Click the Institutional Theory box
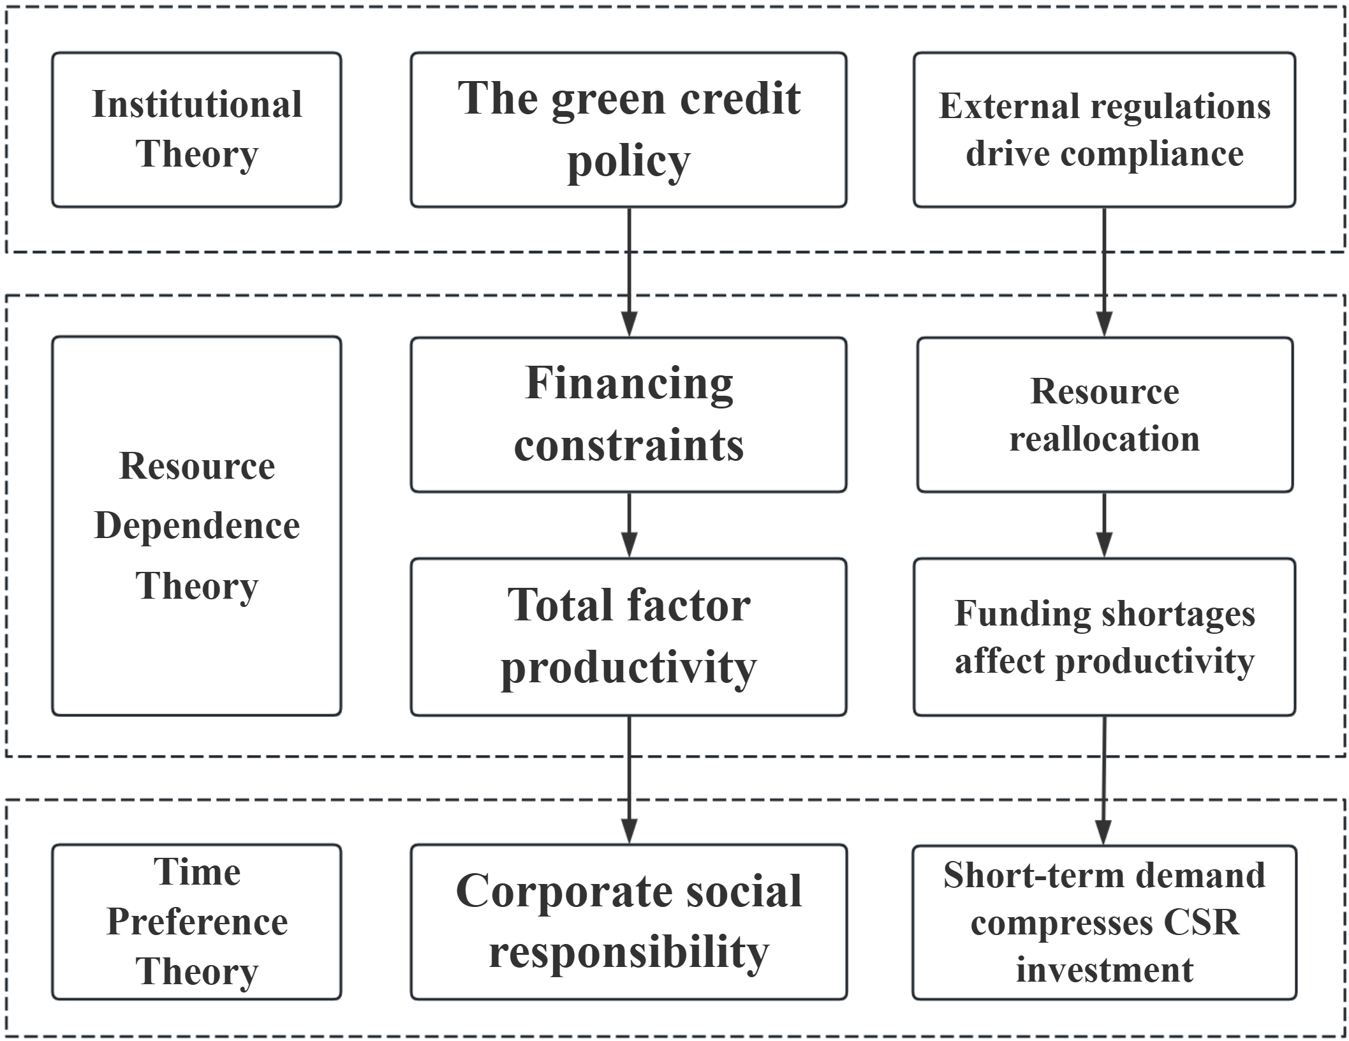196,130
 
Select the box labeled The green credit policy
628,130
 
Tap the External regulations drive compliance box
1104,130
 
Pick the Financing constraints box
628,414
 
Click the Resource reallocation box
1105,414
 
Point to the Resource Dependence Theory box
196,526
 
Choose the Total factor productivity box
628,637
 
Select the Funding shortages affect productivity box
1104,637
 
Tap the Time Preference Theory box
196,922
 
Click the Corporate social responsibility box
628,922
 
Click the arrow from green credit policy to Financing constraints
629,272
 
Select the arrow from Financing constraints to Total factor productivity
629,525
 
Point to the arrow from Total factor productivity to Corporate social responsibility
629,780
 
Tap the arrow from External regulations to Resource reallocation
1104,272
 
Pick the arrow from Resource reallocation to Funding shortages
1104,525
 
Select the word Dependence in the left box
197,526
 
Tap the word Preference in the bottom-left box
197,922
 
